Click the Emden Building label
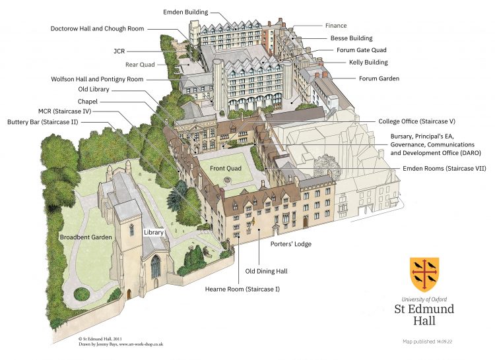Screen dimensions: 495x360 (x=185, y=13)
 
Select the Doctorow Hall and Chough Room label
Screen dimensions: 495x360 (x=97, y=29)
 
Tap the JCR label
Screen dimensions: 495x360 (x=119, y=51)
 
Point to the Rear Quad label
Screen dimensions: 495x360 (x=140, y=65)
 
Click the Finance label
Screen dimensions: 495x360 (x=336, y=26)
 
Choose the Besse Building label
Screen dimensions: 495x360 (x=351, y=38)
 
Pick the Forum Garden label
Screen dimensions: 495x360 (x=379, y=78)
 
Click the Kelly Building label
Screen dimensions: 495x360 (x=368, y=62)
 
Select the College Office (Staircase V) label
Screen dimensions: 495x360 (x=416, y=121)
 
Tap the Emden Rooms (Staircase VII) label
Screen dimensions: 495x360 (x=444, y=168)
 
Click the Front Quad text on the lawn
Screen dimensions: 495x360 (x=226, y=168)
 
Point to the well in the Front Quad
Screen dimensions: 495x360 (x=227, y=180)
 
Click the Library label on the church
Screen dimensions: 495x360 (x=154, y=232)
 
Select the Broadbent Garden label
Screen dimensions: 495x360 (x=86, y=237)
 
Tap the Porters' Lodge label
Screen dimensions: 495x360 (x=291, y=244)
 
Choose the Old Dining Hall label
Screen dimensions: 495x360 (x=266, y=271)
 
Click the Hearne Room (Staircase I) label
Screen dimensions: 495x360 (x=242, y=289)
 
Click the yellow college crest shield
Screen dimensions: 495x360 (x=424, y=274)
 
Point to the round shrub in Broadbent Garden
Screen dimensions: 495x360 (x=82, y=294)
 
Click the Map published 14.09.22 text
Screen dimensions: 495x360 (x=428, y=342)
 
